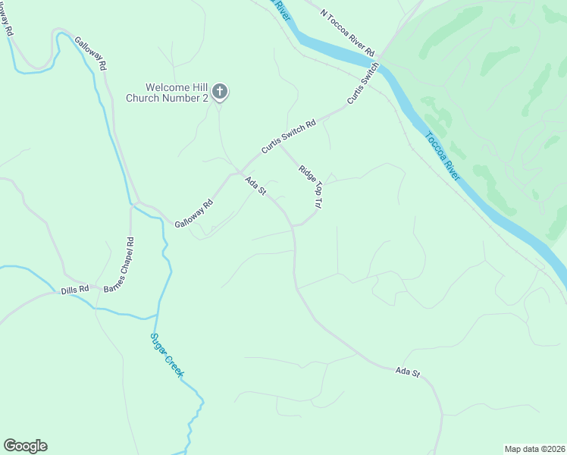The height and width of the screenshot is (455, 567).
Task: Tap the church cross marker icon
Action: (x=220, y=93)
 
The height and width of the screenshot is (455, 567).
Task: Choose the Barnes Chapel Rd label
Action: (x=120, y=265)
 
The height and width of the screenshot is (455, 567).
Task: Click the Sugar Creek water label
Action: (x=167, y=356)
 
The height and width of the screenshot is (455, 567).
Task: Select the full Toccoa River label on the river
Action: (x=442, y=156)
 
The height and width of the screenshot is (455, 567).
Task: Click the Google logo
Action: (x=25, y=446)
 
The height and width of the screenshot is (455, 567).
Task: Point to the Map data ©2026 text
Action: (x=534, y=449)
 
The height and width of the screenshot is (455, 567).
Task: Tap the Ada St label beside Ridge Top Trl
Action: (x=255, y=186)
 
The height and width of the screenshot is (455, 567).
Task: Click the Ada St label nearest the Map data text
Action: (x=407, y=373)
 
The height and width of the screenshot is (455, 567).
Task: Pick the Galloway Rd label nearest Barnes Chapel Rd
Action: (x=194, y=214)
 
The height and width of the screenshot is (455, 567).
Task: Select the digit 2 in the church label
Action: (x=205, y=99)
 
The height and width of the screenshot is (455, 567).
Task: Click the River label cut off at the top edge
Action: (x=281, y=9)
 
